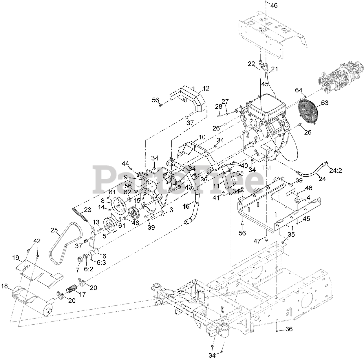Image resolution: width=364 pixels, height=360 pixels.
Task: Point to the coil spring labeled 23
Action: click(x=80, y=215)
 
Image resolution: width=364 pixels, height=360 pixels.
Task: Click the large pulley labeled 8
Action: click(x=118, y=205)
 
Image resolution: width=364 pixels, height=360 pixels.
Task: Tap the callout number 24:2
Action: click(x=336, y=171)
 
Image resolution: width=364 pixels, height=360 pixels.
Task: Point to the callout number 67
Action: click(x=190, y=123)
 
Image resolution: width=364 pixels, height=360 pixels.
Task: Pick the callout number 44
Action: click(x=125, y=163)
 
